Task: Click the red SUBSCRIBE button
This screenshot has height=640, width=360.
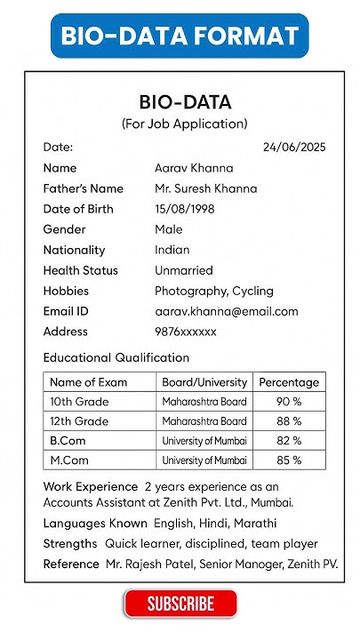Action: pyautogui.click(x=180, y=604)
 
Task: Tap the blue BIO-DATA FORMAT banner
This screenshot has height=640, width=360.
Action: pyautogui.click(x=180, y=36)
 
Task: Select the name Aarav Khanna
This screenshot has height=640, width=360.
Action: pyautogui.click(x=194, y=168)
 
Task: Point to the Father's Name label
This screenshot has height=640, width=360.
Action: pyautogui.click(x=83, y=188)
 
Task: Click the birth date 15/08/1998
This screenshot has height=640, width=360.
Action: pyautogui.click(x=185, y=209)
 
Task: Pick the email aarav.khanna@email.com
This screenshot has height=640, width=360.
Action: pyautogui.click(x=227, y=311)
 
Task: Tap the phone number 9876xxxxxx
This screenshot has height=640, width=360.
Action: pyautogui.click(x=186, y=332)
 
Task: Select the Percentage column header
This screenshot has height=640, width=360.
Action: pyautogui.click(x=289, y=382)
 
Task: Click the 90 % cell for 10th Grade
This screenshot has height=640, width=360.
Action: pyautogui.click(x=289, y=402)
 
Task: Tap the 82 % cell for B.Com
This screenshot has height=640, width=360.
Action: pyautogui.click(x=289, y=441)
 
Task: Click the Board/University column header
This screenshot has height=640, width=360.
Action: pyautogui.click(x=204, y=382)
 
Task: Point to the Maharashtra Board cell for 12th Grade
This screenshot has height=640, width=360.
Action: pyautogui.click(x=204, y=421)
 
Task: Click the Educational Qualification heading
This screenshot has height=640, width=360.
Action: pyautogui.click(x=116, y=357)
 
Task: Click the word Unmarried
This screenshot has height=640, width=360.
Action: pyautogui.click(x=184, y=270)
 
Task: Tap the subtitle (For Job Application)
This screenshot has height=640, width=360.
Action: pyautogui.click(x=185, y=124)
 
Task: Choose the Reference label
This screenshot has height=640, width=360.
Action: pyautogui.click(x=71, y=564)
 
